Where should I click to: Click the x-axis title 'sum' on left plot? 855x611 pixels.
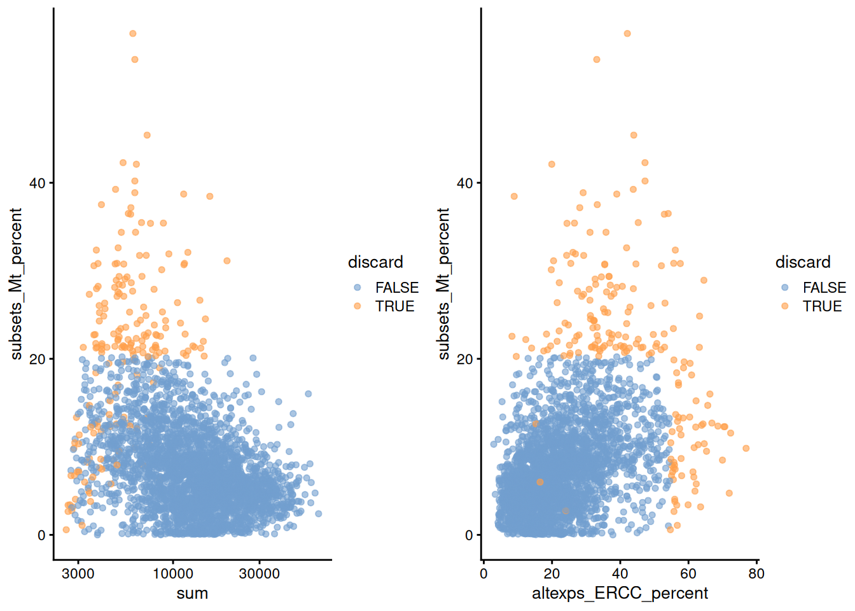click(x=192, y=594)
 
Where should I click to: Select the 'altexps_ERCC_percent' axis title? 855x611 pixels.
click(x=620, y=594)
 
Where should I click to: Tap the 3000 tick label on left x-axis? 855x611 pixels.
click(x=78, y=573)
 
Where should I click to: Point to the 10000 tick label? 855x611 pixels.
click(x=173, y=573)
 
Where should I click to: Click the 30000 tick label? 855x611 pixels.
click(x=259, y=573)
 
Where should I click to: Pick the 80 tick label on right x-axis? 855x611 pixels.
click(x=756, y=573)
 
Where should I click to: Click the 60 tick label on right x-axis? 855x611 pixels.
click(x=688, y=573)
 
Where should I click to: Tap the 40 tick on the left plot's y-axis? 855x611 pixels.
click(x=38, y=183)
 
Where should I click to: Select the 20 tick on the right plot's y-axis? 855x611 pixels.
click(x=465, y=359)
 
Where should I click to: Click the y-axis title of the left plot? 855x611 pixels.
click(x=16, y=284)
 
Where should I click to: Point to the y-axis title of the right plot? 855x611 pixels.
click(x=443, y=284)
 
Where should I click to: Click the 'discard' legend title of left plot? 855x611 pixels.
click(x=375, y=262)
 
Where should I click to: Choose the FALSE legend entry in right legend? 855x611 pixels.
click(x=824, y=288)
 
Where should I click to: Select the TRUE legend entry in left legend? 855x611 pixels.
click(x=394, y=306)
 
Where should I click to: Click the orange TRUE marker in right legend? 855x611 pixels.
click(x=785, y=306)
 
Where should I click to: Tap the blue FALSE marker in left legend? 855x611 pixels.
click(x=358, y=288)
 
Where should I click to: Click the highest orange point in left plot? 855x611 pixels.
click(x=133, y=34)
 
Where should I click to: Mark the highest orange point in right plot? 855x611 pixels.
click(x=627, y=34)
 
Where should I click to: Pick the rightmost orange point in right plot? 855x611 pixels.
click(x=746, y=449)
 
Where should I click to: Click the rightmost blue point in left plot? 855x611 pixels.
click(x=318, y=514)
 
